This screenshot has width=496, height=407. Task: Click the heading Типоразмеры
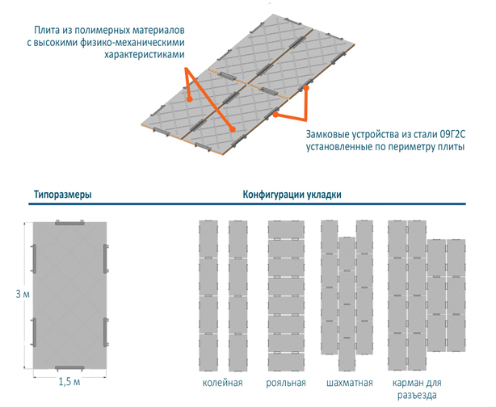pyautogui.click(x=63, y=194)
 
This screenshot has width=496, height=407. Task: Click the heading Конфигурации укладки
pyautogui.click(x=292, y=194)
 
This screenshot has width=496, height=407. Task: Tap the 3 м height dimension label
pyautogui.click(x=23, y=294)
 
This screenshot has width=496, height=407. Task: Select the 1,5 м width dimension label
pyautogui.click(x=69, y=382)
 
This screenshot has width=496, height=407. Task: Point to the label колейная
pyautogui.click(x=222, y=383)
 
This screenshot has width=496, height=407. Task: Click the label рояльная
pyautogui.click(x=286, y=383)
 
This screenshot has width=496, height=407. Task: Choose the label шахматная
pyautogui.click(x=350, y=383)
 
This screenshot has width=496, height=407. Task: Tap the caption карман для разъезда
pyautogui.click(x=417, y=388)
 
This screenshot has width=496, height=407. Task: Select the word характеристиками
pyautogui.click(x=145, y=54)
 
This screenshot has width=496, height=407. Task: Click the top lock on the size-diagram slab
pyautogui.click(x=69, y=222)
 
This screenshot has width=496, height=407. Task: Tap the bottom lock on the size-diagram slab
pyautogui.click(x=69, y=368)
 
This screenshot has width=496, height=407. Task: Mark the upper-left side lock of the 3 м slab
pyautogui.click(x=33, y=258)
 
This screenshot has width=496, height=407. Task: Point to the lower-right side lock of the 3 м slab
pyautogui.click(x=106, y=332)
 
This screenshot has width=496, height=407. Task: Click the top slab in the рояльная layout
pyautogui.click(x=286, y=229)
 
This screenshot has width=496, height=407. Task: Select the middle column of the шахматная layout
pyautogui.click(x=347, y=304)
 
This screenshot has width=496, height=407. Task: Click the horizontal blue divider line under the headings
pyautogui.click(x=247, y=204)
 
